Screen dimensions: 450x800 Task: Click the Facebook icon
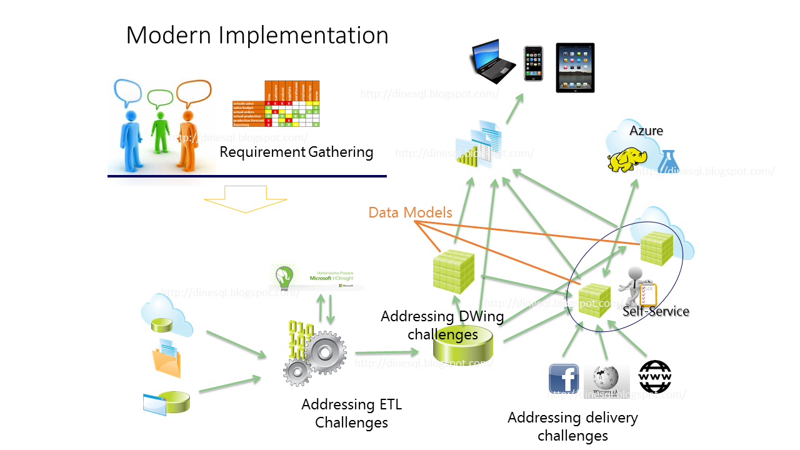[x=563, y=379]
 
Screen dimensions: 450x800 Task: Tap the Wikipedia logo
[x=606, y=379]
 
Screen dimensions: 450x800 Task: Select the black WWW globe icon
[x=654, y=377]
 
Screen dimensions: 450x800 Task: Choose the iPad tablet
[x=575, y=67]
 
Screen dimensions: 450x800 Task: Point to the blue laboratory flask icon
[x=668, y=160]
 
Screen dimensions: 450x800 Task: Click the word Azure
[x=646, y=131]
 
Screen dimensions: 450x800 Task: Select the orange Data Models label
[x=410, y=212]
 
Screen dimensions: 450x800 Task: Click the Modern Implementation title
[x=257, y=35]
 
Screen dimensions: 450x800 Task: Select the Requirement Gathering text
[x=296, y=152]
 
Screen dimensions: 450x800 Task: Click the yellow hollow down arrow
[x=245, y=199]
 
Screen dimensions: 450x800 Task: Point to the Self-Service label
[x=656, y=311]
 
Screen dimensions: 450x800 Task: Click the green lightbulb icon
[x=285, y=276]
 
